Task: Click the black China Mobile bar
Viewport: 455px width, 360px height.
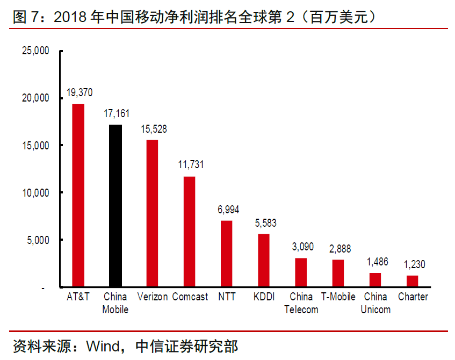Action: pos(115,206)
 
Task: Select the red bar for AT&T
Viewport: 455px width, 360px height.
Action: pos(78,196)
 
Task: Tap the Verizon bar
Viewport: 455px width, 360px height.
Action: pos(153,213)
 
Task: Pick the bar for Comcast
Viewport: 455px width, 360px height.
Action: pos(190,232)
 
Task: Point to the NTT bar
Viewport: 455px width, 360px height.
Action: pos(227,254)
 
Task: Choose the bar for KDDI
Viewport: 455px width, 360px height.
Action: pos(264,261)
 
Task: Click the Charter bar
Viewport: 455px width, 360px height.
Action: pos(413,281)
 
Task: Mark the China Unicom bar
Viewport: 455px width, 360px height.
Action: pos(375,280)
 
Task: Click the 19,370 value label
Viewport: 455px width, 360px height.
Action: pos(79,93)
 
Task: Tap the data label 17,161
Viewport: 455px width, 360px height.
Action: pos(116,114)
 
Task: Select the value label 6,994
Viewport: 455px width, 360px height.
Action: pos(227,210)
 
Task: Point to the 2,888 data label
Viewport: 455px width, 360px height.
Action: pos(338,249)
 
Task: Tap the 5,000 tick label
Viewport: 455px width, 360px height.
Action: pos(38,240)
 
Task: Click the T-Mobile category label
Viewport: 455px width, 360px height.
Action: pos(338,297)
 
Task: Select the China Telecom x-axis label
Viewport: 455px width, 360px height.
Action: pos(301,303)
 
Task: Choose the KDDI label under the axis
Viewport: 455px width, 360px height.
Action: pos(264,297)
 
